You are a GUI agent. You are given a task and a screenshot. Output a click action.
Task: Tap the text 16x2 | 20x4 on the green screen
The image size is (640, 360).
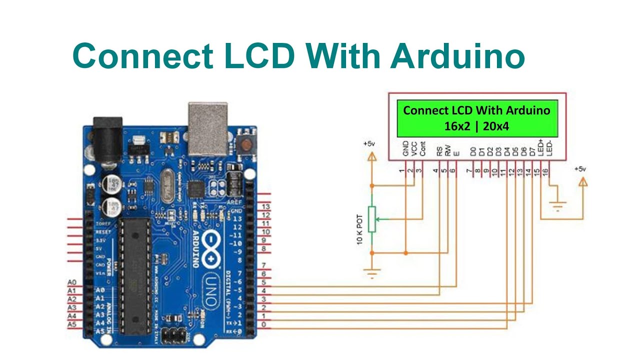(x=476, y=126)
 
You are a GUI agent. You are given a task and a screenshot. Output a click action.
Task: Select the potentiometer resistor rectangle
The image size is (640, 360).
(x=371, y=219)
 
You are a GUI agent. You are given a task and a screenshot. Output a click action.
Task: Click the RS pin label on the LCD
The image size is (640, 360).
(x=438, y=151)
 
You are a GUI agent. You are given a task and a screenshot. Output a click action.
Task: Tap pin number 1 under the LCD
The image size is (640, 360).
(x=402, y=171)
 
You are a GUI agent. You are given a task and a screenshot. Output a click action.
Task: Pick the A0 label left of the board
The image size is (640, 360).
(x=71, y=282)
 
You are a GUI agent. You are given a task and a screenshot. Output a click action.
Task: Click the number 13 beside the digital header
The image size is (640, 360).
(x=266, y=206)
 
